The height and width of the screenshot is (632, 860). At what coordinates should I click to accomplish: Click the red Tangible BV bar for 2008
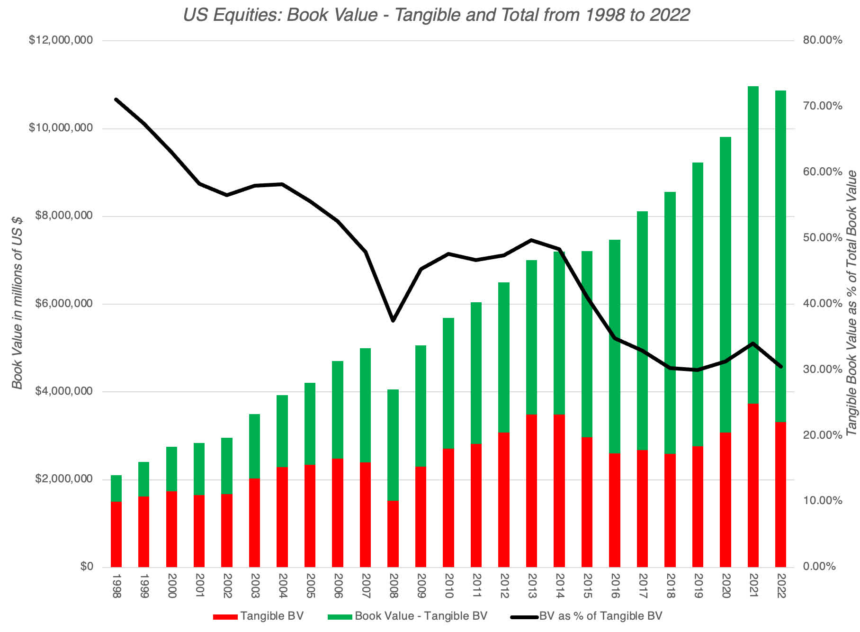coord(393,534)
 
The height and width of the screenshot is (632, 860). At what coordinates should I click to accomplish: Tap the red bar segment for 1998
coord(116,534)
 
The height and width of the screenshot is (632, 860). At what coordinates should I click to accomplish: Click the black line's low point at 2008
coord(393,321)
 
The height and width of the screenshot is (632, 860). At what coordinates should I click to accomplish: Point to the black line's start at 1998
coord(116,99)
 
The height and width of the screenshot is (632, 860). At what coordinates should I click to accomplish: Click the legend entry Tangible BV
coord(271,616)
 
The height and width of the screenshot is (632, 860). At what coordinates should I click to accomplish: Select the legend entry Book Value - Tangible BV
coord(421,616)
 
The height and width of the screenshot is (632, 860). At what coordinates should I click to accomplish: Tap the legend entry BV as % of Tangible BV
coord(600,616)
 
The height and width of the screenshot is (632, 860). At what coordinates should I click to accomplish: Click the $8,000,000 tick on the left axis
coord(64,216)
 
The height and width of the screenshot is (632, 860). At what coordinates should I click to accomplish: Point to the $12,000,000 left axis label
coord(61,40)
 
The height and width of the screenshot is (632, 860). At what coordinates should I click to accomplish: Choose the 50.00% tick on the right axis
coord(823,237)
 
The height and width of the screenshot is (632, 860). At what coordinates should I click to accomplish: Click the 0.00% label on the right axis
coord(819,567)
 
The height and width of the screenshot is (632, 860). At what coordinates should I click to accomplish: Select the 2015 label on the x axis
coord(587,586)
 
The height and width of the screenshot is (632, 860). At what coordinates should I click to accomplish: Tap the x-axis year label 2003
coord(255,586)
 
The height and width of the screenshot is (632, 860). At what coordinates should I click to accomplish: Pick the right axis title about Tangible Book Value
coord(851,303)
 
